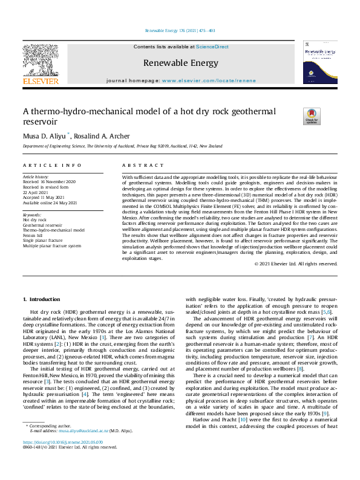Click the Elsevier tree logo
pyautogui.click(x=41, y=60)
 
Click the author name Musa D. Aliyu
pyautogui.click(x=45, y=135)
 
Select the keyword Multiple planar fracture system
pyautogui.click(x=52, y=246)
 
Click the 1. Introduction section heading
pyautogui.click(x=41, y=299)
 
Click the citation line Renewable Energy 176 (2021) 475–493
pyautogui.click(x=180, y=30)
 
